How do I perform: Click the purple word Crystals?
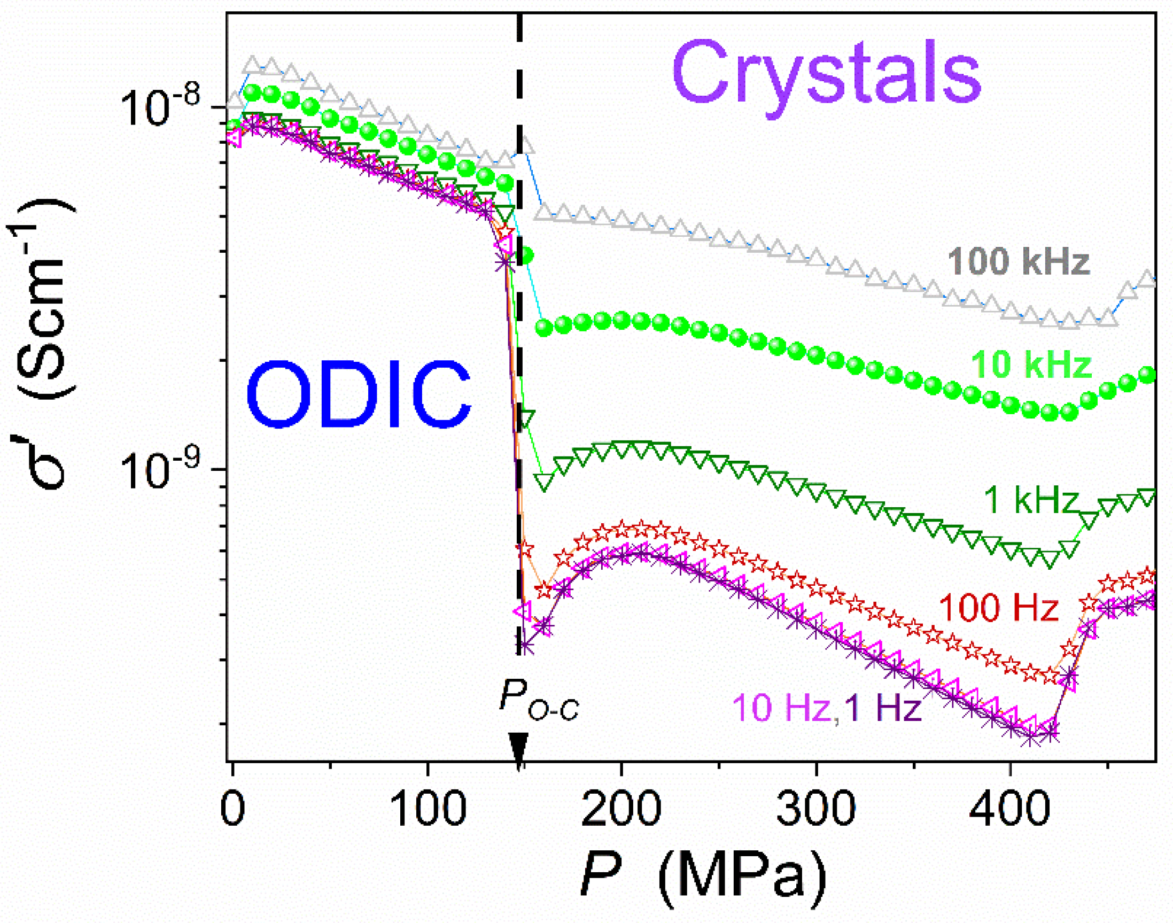tap(827, 73)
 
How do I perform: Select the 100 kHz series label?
tap(1019, 261)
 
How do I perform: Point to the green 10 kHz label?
tap(1031, 365)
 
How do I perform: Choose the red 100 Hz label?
tap(999, 608)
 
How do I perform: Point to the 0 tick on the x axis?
tap(232, 811)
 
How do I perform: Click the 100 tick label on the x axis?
tap(428, 811)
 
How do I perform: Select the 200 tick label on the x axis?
tap(622, 811)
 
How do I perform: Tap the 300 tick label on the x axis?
tap(816, 811)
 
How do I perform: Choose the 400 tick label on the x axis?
tap(1010, 811)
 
